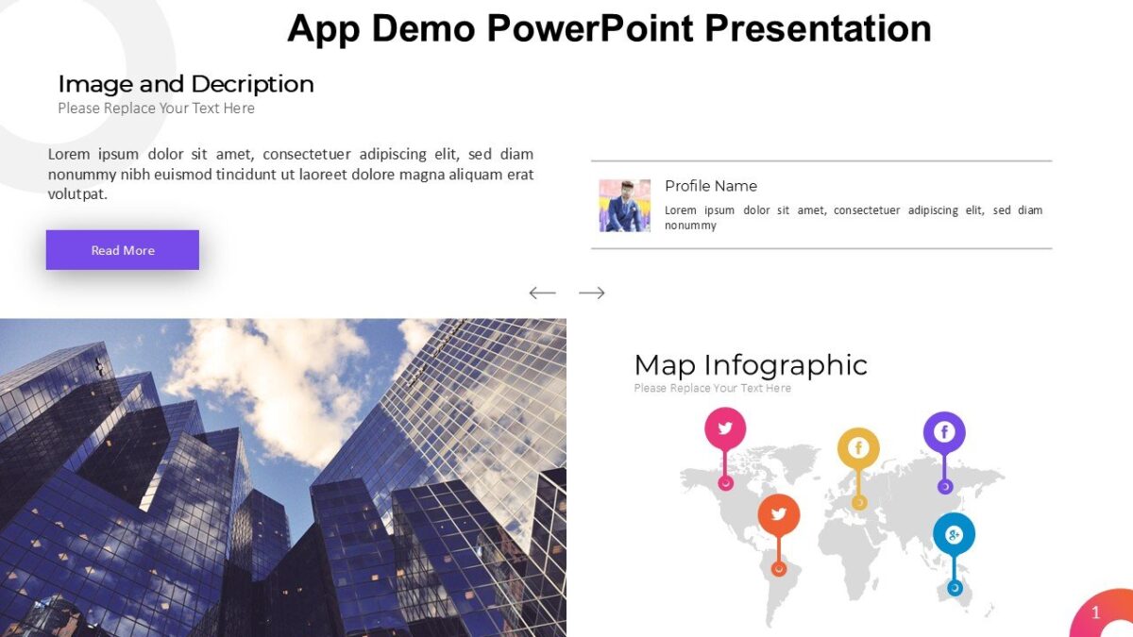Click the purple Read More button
pyautogui.click(x=123, y=250)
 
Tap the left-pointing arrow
pyautogui.click(x=542, y=293)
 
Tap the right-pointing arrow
pyautogui.click(x=592, y=293)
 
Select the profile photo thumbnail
pyautogui.click(x=624, y=206)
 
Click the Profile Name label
pyautogui.click(x=710, y=186)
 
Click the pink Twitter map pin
pyautogui.click(x=725, y=428)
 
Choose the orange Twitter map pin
pyautogui.click(x=779, y=514)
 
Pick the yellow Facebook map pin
pyautogui.click(x=858, y=448)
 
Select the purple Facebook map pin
pyautogui.click(x=944, y=432)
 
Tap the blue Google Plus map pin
pyautogui.click(x=954, y=535)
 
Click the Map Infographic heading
pyautogui.click(x=751, y=365)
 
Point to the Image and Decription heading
pyautogui.click(x=186, y=84)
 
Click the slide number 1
pyautogui.click(x=1095, y=613)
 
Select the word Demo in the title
pyautogui.click(x=423, y=28)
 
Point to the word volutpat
pyautogui.click(x=77, y=194)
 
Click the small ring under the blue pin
pyautogui.click(x=955, y=588)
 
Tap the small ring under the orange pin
pyautogui.click(x=779, y=569)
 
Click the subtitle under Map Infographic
pyautogui.click(x=712, y=388)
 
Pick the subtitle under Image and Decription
pyautogui.click(x=156, y=109)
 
